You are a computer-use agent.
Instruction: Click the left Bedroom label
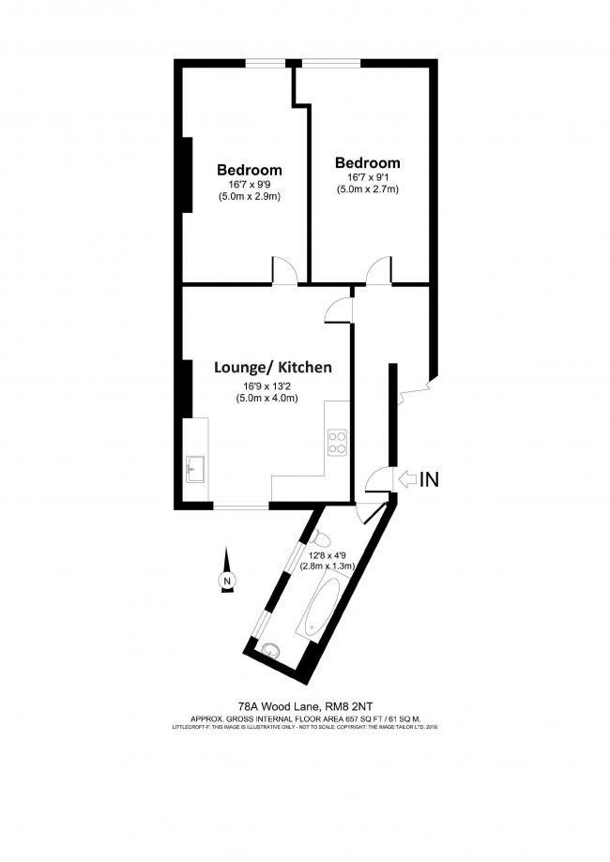click(250, 170)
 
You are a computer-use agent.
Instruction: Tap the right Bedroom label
click(368, 162)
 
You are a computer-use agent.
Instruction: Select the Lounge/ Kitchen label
click(272, 368)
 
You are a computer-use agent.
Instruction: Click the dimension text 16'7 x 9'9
click(250, 184)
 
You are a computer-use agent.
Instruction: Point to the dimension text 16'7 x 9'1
click(368, 176)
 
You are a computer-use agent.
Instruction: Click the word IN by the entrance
click(429, 480)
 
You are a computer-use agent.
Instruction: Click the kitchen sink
click(196, 468)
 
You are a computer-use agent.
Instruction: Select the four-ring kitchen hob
click(336, 442)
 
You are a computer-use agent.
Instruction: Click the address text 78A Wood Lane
click(278, 708)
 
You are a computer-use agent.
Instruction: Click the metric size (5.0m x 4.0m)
click(267, 399)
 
